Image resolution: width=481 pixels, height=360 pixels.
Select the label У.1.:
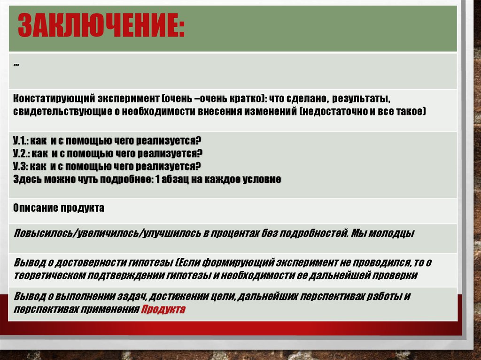click(21, 141)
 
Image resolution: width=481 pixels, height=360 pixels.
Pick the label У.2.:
click(22, 153)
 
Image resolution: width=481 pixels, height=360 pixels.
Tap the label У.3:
click(21, 166)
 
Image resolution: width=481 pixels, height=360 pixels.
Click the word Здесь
click(26, 179)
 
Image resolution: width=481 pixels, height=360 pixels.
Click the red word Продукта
click(163, 309)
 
